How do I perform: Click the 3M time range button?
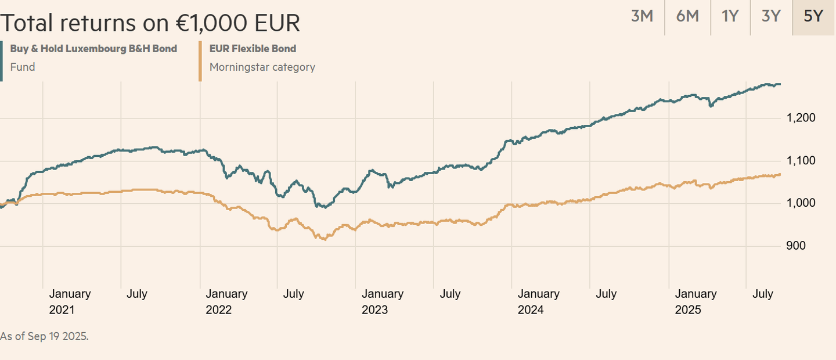click(x=642, y=16)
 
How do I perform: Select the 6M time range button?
click(x=687, y=16)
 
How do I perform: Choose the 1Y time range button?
click(x=730, y=16)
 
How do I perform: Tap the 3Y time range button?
click(x=771, y=16)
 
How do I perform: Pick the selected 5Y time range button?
click(x=813, y=16)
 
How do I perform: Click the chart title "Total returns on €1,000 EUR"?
click(x=150, y=23)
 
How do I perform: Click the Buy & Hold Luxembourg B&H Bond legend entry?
click(x=93, y=49)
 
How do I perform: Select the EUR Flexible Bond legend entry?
click(x=253, y=49)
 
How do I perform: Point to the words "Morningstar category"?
click(x=262, y=67)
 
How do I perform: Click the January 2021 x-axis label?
click(x=70, y=301)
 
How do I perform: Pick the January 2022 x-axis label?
click(x=226, y=301)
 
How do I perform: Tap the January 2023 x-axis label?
click(x=383, y=301)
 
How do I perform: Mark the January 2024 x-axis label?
click(x=539, y=301)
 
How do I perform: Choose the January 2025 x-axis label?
click(x=696, y=301)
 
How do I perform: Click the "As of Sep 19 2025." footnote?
click(x=45, y=336)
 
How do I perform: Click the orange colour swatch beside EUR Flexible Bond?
click(x=200, y=60)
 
